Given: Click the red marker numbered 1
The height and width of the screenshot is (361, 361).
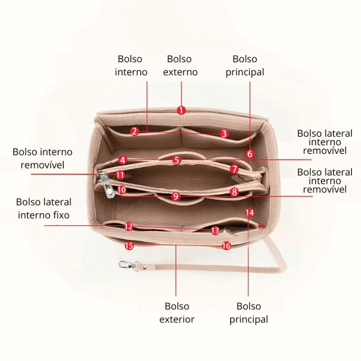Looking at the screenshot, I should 182,110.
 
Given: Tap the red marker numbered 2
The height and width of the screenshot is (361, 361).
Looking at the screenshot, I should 134,131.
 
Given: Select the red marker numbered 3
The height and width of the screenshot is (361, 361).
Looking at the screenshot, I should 224,134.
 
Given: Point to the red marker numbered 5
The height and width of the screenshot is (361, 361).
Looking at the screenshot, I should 176,160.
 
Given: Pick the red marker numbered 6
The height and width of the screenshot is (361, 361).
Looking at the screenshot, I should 250,154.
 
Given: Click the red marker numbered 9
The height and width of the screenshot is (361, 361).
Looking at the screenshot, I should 175,197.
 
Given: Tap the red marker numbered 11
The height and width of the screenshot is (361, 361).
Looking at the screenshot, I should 120,175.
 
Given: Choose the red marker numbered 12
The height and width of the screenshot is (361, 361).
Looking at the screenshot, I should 129,227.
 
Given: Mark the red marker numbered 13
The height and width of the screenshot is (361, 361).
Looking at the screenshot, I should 215,231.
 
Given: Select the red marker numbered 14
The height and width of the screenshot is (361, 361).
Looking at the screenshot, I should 250,213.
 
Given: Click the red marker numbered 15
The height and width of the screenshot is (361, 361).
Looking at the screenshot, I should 129,246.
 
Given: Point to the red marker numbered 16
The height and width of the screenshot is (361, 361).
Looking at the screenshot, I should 226,246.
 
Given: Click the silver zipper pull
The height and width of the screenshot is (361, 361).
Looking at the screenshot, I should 105,183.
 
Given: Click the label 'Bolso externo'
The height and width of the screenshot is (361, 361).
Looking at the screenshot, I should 182,66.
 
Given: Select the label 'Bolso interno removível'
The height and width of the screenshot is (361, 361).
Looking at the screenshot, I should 43,158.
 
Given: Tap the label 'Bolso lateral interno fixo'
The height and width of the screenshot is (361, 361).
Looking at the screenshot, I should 44,209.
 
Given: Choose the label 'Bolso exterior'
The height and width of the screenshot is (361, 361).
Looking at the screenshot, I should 177,312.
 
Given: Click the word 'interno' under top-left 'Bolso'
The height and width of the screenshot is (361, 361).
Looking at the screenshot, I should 131,72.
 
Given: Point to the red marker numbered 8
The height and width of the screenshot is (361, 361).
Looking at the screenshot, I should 234,192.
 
